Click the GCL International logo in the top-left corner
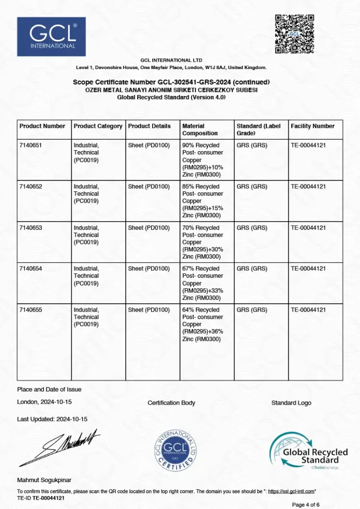point(51,37)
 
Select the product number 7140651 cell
point(31,145)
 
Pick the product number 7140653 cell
point(31,228)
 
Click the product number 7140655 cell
point(31,310)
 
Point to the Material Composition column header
point(200,130)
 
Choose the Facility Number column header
point(313,126)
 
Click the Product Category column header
point(98,126)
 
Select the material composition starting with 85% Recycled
point(203,197)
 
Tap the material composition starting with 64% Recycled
point(203,324)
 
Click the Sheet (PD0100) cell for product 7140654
point(149,268)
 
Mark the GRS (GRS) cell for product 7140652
point(252,186)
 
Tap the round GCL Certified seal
point(175,450)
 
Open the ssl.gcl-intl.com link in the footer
point(291,491)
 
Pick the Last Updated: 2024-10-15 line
point(52,419)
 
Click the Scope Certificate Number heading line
point(172,82)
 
